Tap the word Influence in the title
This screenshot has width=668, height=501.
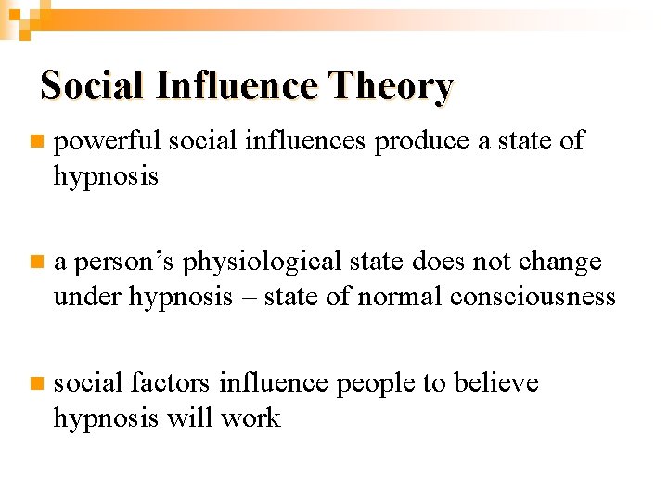tap(237, 86)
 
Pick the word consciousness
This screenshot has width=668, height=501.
tap(533, 297)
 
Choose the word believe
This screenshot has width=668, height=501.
tap(495, 383)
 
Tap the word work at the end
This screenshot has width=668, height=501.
tap(250, 417)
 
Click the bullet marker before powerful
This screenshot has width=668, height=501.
tap(34, 142)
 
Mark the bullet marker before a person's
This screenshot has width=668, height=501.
tap(34, 263)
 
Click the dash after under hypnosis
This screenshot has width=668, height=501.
tap(249, 298)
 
